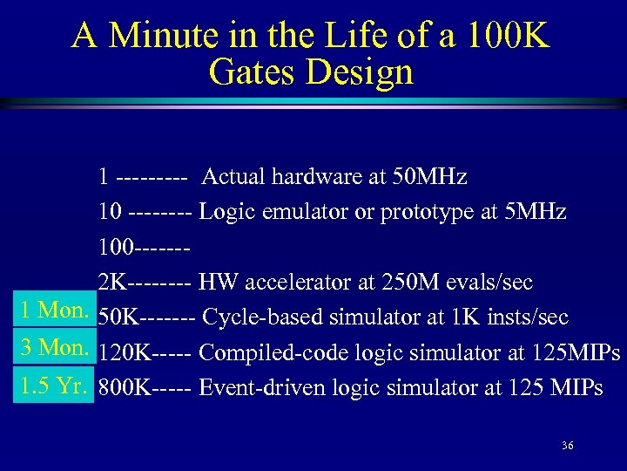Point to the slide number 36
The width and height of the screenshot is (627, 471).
point(568,446)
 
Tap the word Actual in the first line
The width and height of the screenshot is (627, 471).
point(233,177)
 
